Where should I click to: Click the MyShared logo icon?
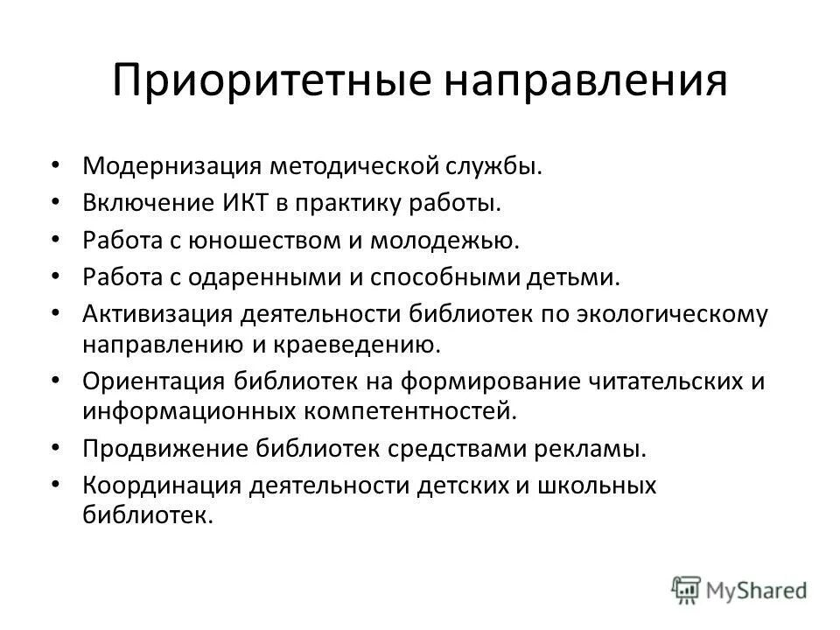pos(684,588)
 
